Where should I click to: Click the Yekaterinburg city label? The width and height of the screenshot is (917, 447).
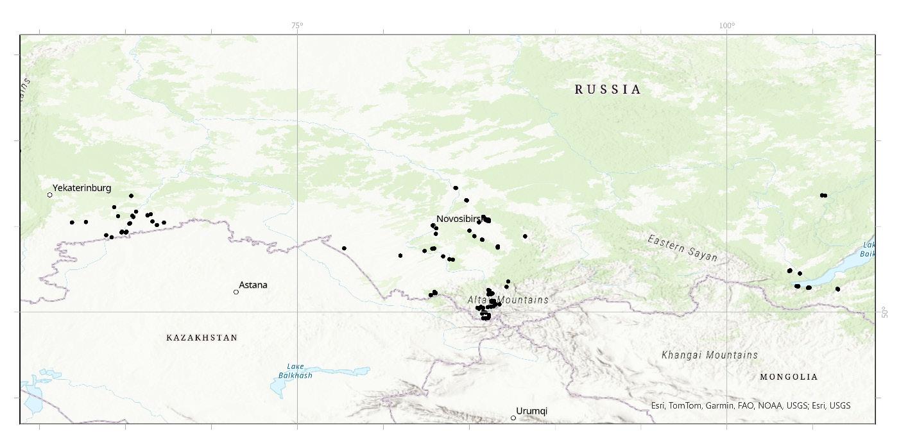point(81,188)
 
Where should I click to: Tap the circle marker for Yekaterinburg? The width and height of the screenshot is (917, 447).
point(50,195)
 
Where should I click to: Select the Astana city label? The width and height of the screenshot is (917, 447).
point(253,285)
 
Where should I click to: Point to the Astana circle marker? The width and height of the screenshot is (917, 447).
point(236,292)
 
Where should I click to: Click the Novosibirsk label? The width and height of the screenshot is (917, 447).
point(459,219)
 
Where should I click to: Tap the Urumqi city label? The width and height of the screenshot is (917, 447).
point(531,411)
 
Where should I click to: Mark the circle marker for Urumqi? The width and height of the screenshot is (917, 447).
point(513,418)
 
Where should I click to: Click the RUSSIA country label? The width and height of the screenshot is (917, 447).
point(608,90)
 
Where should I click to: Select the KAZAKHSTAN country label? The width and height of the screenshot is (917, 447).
point(201,337)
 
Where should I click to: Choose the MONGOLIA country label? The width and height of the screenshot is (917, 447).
point(789,377)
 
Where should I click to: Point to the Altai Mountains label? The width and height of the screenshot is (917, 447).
point(508,299)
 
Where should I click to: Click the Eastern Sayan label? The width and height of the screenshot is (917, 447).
point(682,248)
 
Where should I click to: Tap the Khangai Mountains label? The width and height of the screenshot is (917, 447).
point(709,355)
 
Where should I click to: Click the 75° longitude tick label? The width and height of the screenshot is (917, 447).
point(297,26)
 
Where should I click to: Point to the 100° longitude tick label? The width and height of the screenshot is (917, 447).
point(726,26)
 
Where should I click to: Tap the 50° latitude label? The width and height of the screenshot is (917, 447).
point(884,312)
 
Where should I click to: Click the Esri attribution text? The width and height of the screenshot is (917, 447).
point(750,405)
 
